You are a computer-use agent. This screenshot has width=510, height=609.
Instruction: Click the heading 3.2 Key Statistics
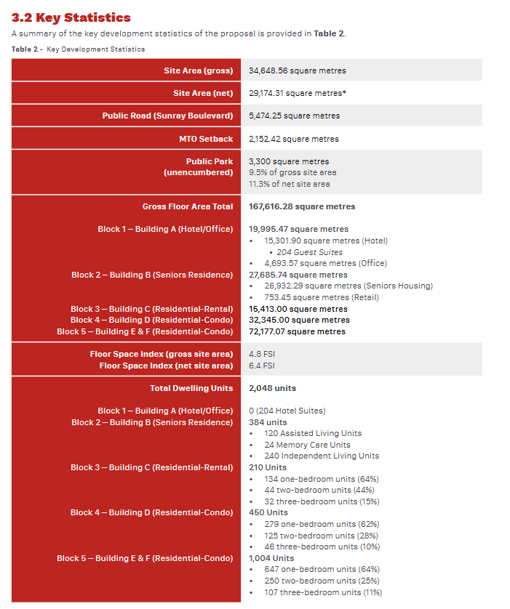pyautogui.click(x=71, y=17)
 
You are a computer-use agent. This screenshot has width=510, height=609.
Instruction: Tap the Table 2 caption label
pyautogui.click(x=78, y=49)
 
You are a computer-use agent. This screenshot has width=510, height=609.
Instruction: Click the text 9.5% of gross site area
pyautogui.click(x=292, y=172)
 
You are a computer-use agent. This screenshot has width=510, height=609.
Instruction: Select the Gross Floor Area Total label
pyautogui.click(x=188, y=206)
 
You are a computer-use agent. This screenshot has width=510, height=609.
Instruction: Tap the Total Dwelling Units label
pyautogui.click(x=191, y=388)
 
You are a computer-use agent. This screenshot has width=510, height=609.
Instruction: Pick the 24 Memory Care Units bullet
pyautogui.click(x=307, y=445)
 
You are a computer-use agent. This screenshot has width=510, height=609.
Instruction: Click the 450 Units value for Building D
pyautogui.click(x=268, y=512)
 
